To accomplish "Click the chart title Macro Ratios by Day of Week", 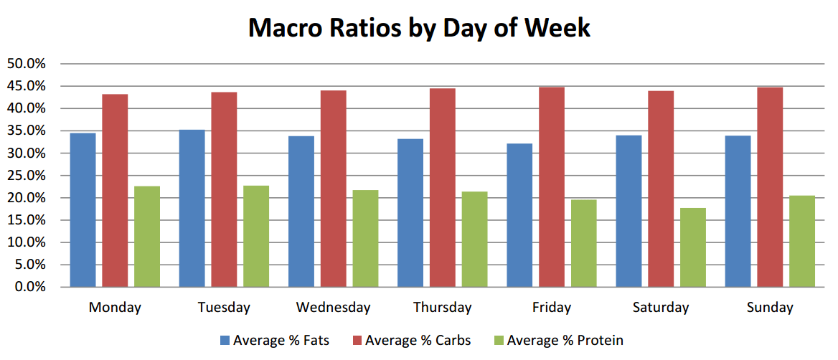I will click(x=419, y=28).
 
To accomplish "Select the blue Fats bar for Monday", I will click(x=83, y=210).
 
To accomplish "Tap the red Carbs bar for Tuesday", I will click(x=224, y=189).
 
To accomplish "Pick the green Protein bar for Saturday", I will click(x=692, y=247).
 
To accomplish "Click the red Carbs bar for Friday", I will click(x=552, y=187).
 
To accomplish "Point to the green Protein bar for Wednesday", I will click(x=365, y=239).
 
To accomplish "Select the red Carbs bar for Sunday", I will click(x=770, y=187).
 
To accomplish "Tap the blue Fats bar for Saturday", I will click(x=628, y=211).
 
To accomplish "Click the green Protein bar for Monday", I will click(x=147, y=237).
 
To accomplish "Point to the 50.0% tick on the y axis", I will click(x=27, y=64).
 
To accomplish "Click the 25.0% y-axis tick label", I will click(x=27, y=176).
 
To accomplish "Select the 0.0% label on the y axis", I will click(x=29, y=287).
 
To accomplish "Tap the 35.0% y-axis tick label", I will click(x=27, y=131).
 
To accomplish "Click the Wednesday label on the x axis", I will click(x=333, y=308).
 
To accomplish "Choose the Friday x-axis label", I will click(x=552, y=308).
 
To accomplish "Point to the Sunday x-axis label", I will click(x=770, y=308).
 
